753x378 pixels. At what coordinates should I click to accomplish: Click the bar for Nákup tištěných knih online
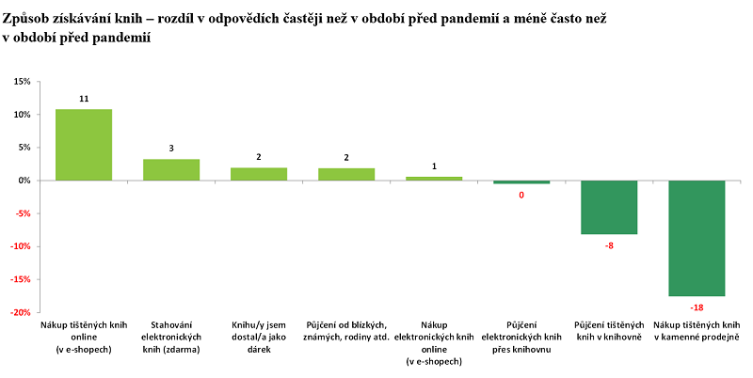[84, 145]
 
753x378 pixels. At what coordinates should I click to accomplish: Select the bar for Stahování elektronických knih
[171, 170]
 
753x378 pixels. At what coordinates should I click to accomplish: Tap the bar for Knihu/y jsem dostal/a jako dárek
[259, 174]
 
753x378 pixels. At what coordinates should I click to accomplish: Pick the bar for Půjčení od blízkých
[346, 174]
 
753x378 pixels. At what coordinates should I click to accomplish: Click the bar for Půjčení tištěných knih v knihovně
[609, 207]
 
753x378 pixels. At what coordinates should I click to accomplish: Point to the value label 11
[84, 98]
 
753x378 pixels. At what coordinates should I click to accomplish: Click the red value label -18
[697, 307]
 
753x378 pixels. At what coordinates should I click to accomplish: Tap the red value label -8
[609, 244]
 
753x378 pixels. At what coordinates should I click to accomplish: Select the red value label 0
[521, 195]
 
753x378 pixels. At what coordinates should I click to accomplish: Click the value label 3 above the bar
[171, 148]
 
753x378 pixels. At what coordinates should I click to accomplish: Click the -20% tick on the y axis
[20, 312]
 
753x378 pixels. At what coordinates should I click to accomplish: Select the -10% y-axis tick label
[20, 246]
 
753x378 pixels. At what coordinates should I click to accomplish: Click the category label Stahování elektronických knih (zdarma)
[171, 337]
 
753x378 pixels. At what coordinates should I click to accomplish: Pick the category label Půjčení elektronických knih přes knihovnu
[521, 337]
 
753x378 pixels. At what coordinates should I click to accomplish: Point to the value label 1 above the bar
[434, 166]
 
